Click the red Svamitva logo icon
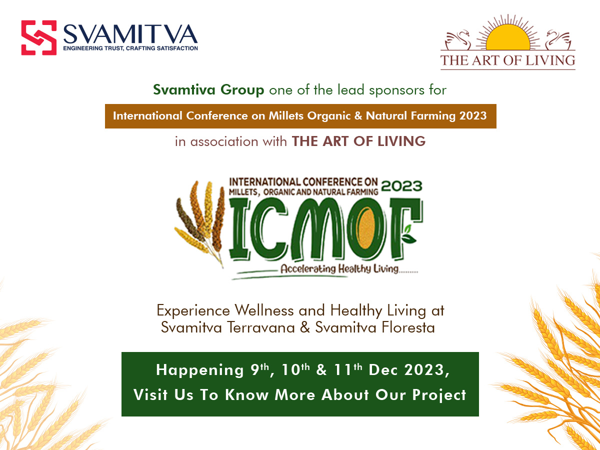(39, 37)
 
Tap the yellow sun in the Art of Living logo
(508, 37)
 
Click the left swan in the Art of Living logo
(457, 40)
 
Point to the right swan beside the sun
(558, 40)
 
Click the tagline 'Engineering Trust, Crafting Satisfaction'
(130, 48)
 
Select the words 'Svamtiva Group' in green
(208, 89)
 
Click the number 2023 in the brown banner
(473, 115)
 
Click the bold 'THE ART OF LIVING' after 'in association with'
(358, 141)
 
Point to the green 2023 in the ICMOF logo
(401, 186)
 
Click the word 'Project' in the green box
(439, 395)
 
